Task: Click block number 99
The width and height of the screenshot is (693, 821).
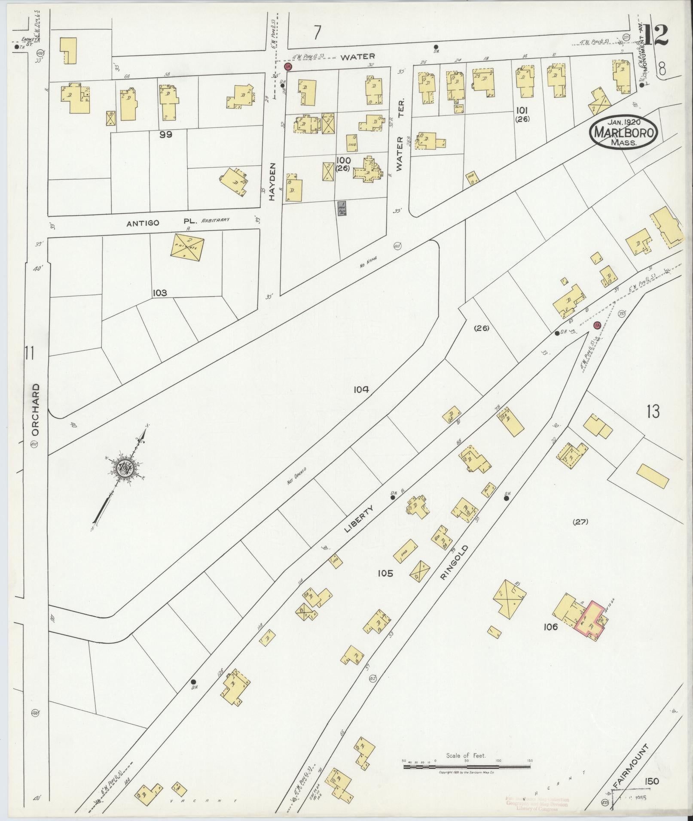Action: click(x=165, y=134)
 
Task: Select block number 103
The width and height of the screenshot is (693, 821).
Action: click(x=159, y=293)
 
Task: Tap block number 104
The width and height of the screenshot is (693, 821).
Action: click(x=361, y=389)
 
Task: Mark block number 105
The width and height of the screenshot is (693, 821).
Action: click(x=385, y=573)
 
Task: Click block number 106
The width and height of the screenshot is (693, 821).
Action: click(x=550, y=627)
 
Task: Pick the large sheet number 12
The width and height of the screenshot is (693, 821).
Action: click(x=656, y=35)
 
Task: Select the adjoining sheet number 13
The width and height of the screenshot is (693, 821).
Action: click(x=653, y=412)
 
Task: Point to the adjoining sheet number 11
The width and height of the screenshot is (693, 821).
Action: click(x=29, y=354)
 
